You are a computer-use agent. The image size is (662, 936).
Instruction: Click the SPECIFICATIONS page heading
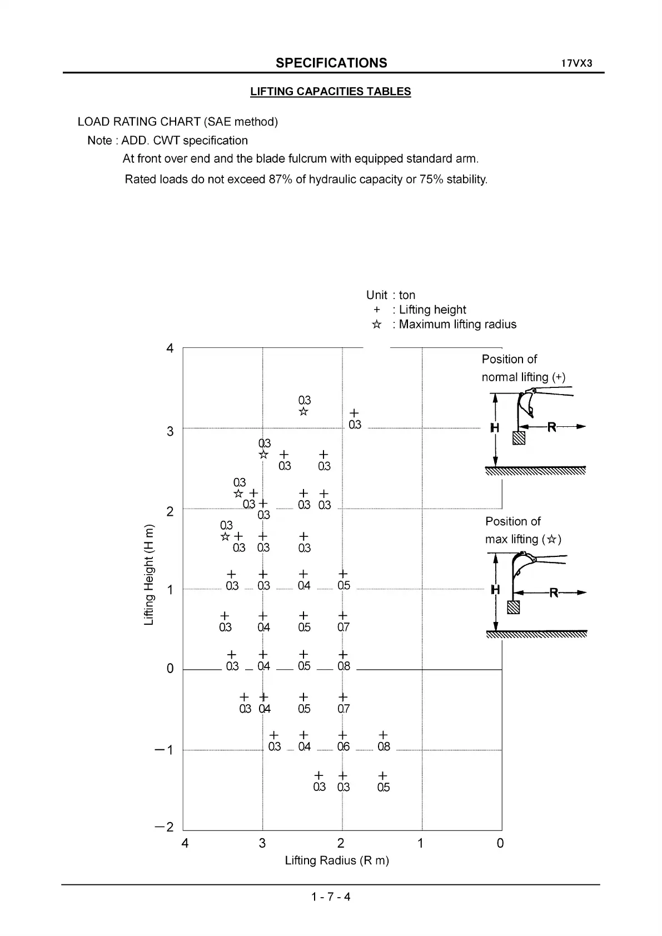coord(331,63)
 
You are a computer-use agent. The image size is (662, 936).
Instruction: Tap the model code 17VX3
coord(576,63)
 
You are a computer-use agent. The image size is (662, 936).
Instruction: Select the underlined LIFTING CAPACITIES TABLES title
coord(330,92)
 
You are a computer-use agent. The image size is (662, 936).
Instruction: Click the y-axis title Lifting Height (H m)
coord(148,575)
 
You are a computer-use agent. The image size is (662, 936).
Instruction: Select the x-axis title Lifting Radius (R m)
coord(337,860)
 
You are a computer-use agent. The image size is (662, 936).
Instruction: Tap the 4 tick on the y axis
coord(170,348)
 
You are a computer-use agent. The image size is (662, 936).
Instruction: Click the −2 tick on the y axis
coord(165,827)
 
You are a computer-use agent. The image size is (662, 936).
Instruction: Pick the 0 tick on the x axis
coord(500,843)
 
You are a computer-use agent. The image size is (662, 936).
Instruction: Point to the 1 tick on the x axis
coord(421,843)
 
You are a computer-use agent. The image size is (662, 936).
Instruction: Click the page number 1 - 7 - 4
coord(331,897)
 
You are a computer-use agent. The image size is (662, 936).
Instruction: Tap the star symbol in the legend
coord(376,325)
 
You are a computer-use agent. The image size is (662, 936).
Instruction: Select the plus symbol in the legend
coord(377,310)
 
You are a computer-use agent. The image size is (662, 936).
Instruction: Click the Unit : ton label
coord(391,295)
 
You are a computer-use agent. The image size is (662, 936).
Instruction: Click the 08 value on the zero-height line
coord(344,666)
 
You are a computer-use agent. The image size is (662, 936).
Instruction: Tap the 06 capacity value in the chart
coord(344,746)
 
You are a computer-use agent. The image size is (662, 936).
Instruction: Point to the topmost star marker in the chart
coord(303,411)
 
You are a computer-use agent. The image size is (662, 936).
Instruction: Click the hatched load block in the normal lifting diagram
coord(519,438)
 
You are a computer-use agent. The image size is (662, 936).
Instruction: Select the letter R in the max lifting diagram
coord(554,593)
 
